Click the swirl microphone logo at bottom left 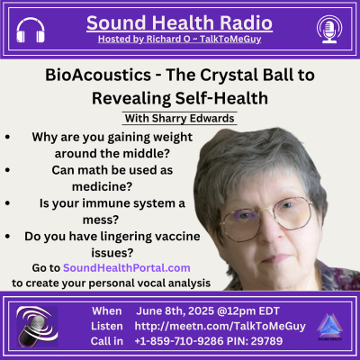point(36,325)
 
